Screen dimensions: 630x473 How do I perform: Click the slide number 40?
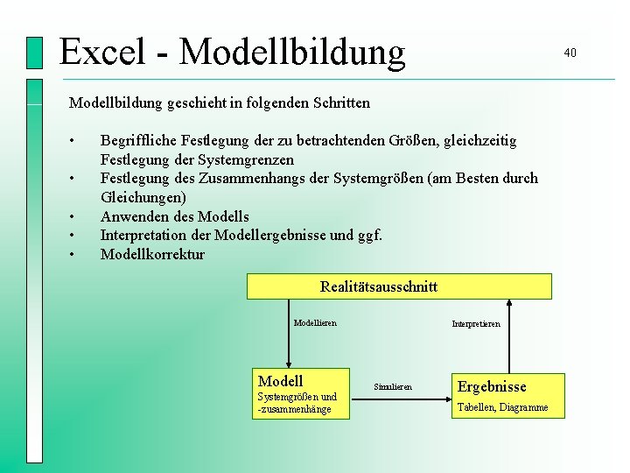(x=570, y=53)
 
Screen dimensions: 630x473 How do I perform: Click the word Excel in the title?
(x=101, y=51)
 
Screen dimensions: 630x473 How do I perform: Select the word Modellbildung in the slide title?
(x=292, y=51)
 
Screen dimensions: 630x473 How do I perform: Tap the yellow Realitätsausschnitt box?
(x=399, y=286)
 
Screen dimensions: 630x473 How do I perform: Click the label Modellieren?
(x=315, y=323)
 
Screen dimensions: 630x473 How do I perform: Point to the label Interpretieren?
(x=476, y=324)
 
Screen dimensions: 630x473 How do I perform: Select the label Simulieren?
(x=392, y=386)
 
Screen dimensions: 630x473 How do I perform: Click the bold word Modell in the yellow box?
(x=280, y=381)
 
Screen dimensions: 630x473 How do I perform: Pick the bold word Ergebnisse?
(x=492, y=386)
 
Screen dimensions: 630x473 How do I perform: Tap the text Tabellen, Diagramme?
(x=502, y=407)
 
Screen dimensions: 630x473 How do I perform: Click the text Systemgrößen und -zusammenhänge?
(x=297, y=403)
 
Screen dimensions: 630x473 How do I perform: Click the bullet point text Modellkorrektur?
(x=152, y=255)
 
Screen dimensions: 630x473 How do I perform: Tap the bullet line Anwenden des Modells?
(x=174, y=216)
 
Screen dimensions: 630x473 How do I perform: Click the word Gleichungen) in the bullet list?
(x=143, y=198)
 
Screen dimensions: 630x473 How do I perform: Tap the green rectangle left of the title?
(x=34, y=53)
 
